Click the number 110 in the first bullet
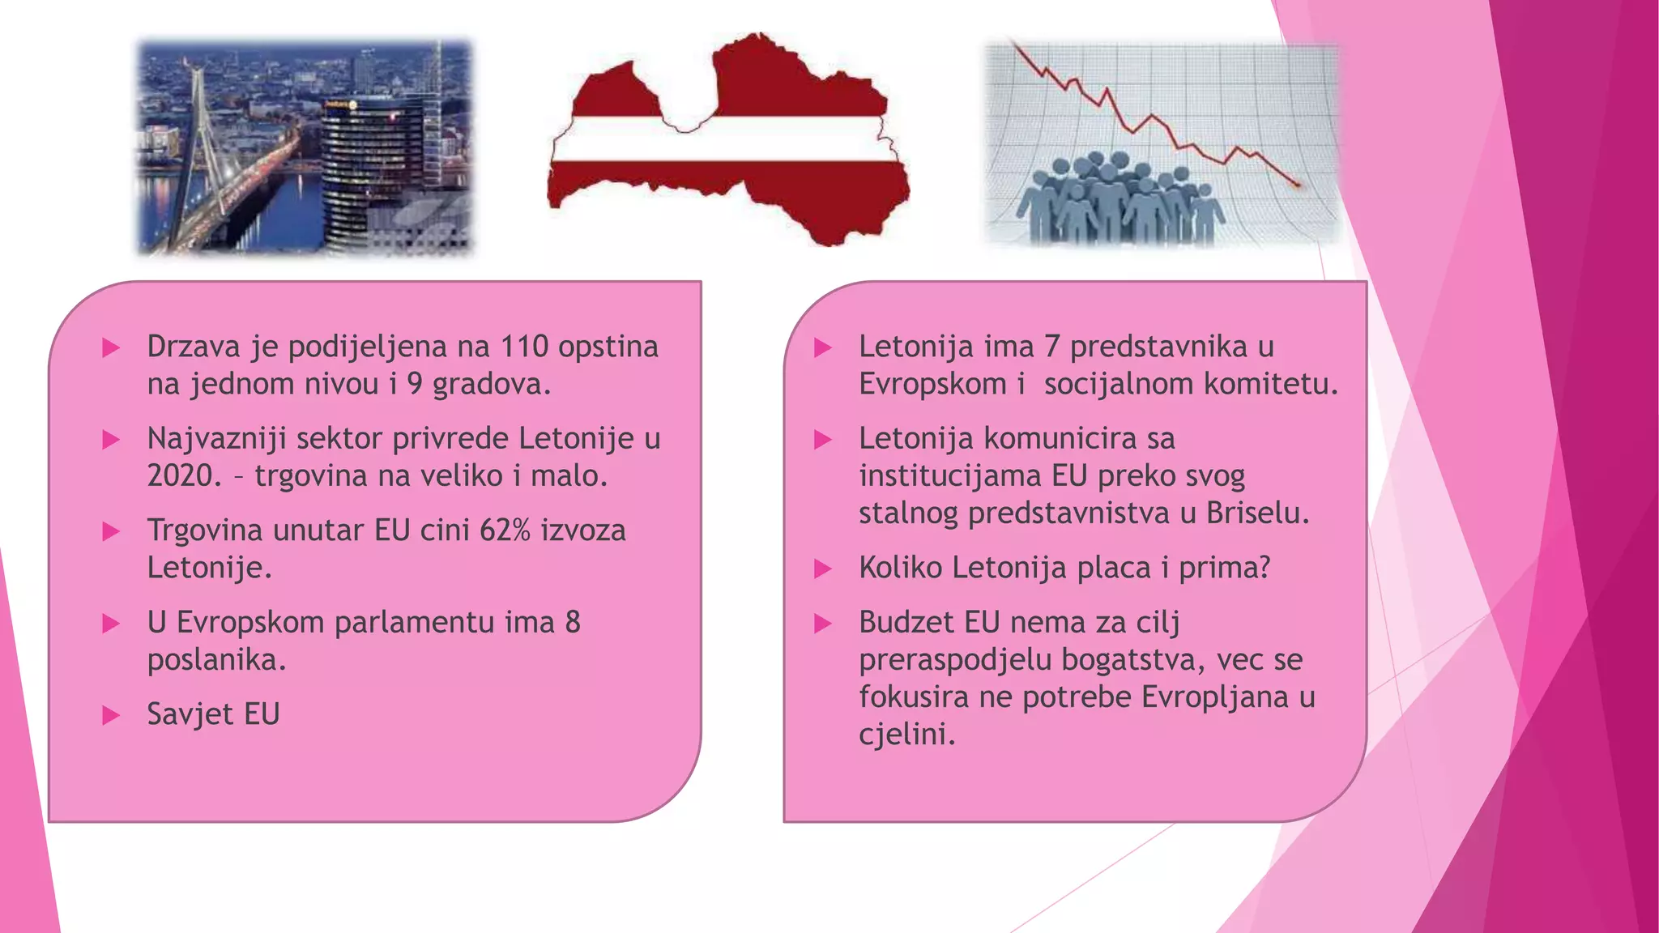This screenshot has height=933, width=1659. point(524,347)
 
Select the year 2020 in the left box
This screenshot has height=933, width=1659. point(183,475)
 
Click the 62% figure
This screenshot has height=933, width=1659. point(505,530)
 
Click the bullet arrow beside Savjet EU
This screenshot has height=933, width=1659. point(111,715)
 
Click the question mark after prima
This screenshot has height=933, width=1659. point(1263,568)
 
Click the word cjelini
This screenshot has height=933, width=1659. point(906,734)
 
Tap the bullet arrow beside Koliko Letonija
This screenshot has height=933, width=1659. point(823,569)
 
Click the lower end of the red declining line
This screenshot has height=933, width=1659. point(1298,185)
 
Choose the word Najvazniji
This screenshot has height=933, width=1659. point(216,439)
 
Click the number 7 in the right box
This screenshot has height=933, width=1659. point(1051,347)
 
